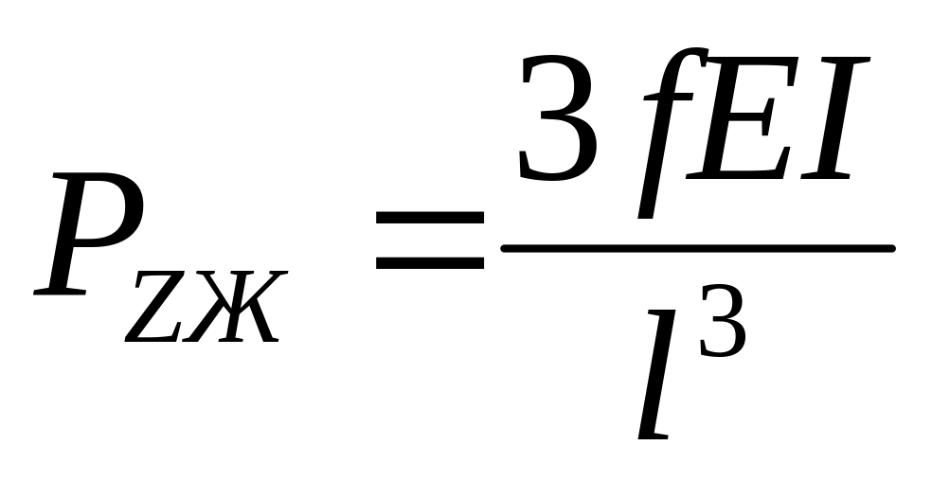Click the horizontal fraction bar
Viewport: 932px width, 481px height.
click(x=697, y=248)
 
